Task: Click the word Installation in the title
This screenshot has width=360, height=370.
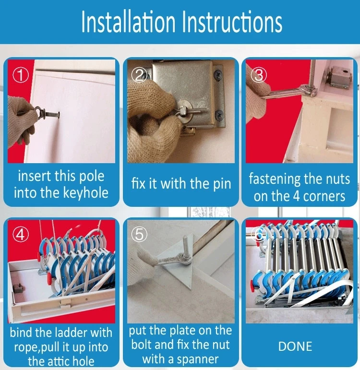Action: [128, 22]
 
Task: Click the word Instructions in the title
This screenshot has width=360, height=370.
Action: [232, 22]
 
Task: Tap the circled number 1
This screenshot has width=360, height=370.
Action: [21, 75]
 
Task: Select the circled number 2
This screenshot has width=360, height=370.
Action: [139, 75]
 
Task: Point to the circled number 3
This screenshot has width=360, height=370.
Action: [259, 75]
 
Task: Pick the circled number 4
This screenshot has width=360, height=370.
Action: [21, 235]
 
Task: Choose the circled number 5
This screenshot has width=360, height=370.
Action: [139, 234]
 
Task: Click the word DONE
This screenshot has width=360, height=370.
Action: [295, 346]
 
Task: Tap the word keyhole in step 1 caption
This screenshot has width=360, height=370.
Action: [86, 193]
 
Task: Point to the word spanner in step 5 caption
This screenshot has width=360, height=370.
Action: [198, 359]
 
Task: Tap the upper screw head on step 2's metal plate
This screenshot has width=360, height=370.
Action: [218, 75]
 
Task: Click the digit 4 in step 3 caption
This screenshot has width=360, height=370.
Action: [296, 196]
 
